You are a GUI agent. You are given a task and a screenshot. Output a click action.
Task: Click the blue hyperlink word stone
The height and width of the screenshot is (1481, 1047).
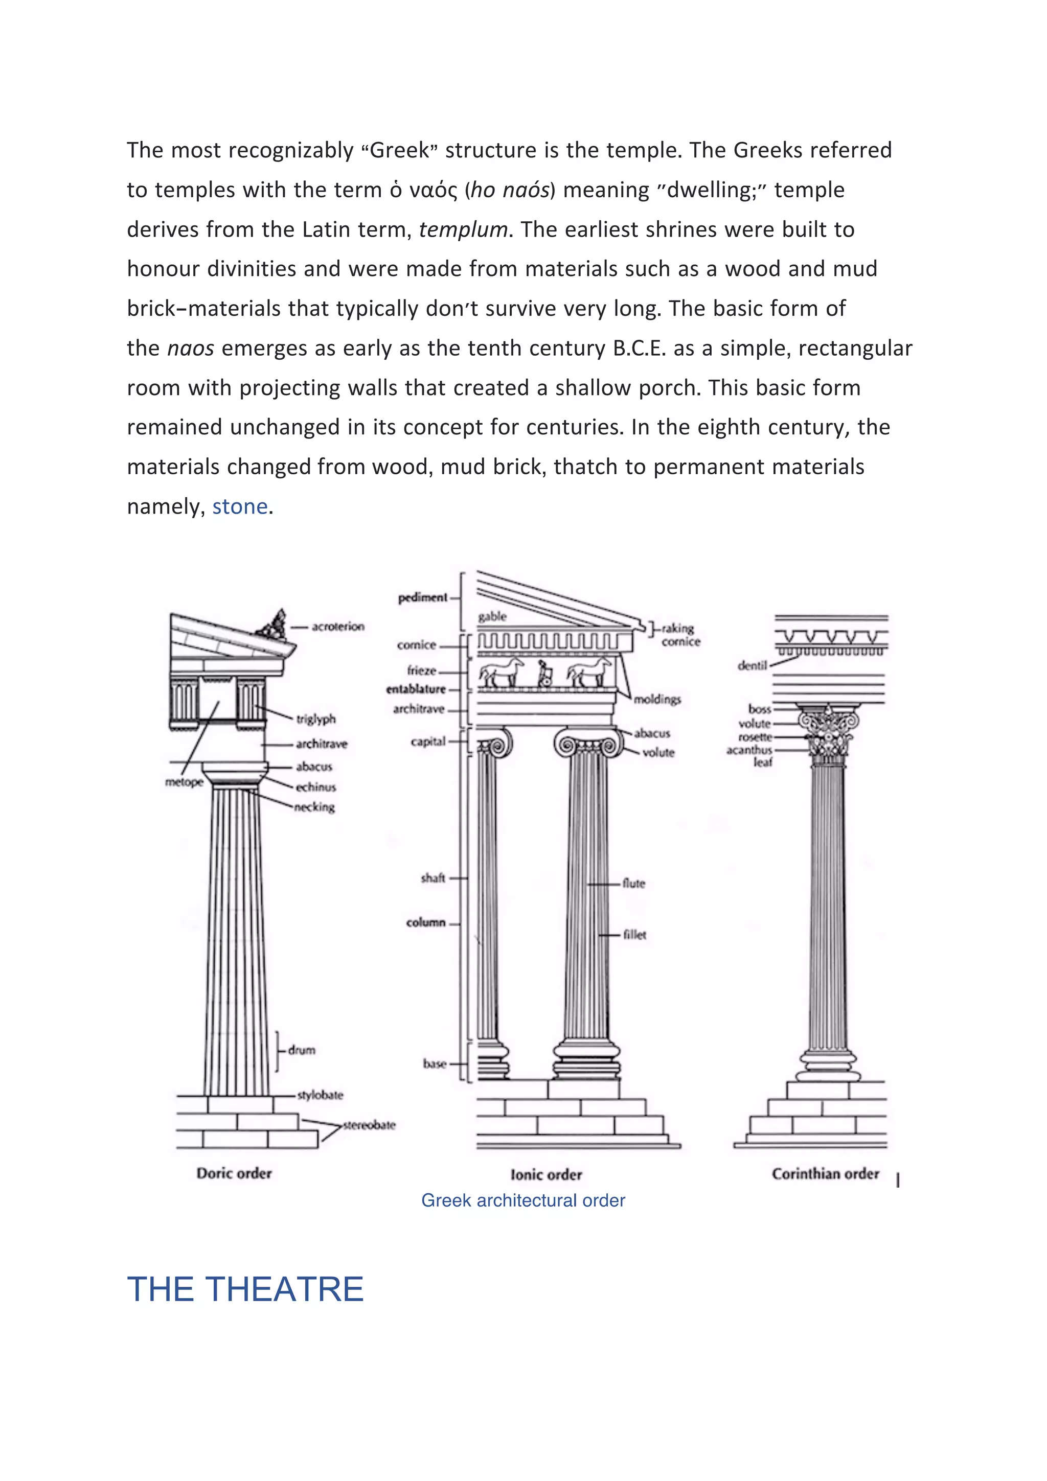239,506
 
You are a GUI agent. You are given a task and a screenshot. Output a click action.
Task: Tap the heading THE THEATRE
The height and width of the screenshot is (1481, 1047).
245,1289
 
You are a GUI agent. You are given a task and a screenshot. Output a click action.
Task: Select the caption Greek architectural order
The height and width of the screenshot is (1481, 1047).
522,1200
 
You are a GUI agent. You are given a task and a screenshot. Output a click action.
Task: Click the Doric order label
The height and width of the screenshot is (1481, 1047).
234,1173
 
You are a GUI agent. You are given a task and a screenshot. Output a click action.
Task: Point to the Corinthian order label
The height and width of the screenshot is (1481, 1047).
825,1174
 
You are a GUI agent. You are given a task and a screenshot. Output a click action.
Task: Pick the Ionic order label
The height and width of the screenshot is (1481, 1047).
546,1174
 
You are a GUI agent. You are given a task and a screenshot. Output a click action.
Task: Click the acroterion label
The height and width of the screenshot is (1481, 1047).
337,627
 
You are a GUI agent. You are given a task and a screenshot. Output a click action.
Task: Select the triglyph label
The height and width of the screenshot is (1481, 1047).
315,719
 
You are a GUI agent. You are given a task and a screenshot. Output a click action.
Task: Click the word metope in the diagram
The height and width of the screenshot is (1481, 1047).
184,782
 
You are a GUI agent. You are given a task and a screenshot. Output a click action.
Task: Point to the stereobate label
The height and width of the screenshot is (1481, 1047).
369,1125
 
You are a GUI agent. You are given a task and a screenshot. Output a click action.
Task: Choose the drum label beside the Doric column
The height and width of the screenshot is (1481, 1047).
301,1050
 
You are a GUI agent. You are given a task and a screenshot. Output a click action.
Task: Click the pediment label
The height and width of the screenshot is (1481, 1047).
423,597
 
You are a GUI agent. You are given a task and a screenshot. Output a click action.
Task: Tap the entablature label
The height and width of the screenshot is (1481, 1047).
416,689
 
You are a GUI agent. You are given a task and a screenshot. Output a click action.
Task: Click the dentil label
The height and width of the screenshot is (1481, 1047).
752,665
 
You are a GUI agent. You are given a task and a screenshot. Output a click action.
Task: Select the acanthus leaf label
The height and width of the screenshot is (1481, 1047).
750,755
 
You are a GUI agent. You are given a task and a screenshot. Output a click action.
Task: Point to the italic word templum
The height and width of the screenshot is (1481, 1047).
463,229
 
